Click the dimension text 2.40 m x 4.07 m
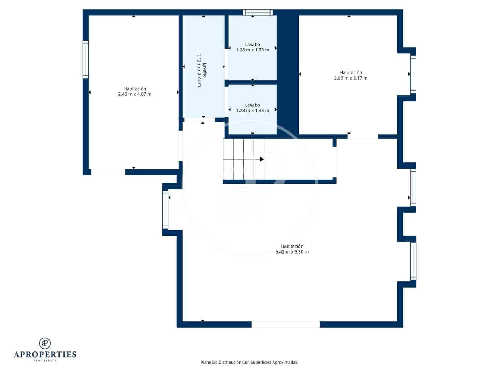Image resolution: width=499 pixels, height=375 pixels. coord(135,94)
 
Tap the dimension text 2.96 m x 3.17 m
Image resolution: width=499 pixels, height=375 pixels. coord(351,78)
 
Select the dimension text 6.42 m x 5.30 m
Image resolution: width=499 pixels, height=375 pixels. coord(292,252)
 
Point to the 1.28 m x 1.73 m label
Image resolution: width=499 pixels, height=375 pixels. coord(252,50)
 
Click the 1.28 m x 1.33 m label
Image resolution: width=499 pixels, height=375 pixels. coord(252,111)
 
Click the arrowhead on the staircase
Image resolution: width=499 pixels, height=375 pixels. coord(262,159)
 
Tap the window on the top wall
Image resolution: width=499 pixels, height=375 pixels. coord(258,12)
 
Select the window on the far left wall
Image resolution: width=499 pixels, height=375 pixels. coord(86,60)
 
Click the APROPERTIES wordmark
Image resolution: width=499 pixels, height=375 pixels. coord(45,355)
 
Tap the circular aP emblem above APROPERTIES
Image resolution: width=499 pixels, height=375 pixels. coord(45,343)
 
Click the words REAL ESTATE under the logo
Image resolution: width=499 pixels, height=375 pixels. coord(45,361)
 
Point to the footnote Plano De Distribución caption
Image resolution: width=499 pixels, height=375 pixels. coord(249,362)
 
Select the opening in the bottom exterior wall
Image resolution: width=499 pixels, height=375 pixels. coord(285,324)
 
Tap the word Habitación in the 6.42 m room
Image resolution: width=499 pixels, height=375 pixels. coord(292,246)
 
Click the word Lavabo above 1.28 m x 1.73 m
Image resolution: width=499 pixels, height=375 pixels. coord(252,45)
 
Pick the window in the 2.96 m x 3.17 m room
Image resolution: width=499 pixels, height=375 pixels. coord(413,74)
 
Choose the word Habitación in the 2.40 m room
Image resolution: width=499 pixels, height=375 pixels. coord(135,89)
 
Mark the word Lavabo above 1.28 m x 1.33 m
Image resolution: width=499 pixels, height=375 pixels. coord(252,105)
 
